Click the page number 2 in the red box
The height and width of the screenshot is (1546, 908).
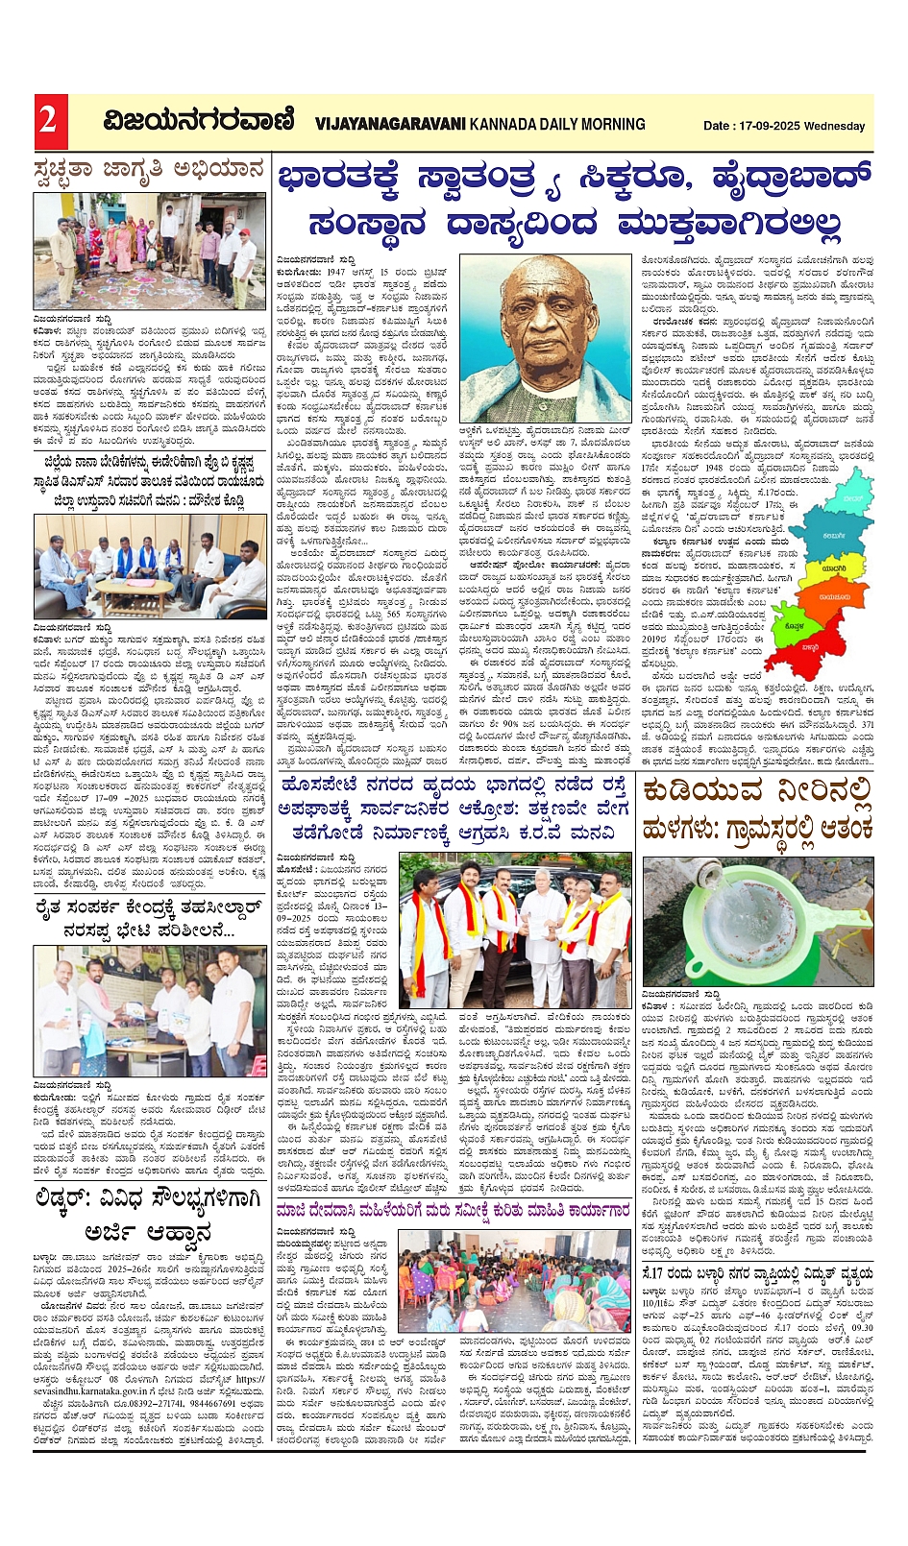[48, 121]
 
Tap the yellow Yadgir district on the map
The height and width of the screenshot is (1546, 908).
[832, 568]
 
